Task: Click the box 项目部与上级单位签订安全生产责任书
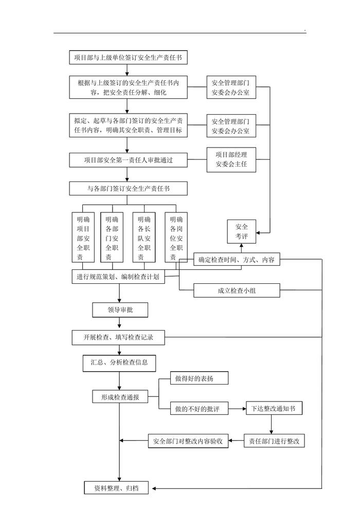pyautogui.click(x=128, y=58)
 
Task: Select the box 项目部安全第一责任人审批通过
pyautogui.click(x=128, y=160)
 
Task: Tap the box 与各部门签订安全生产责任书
pyautogui.click(x=128, y=189)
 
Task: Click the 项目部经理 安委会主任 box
pyautogui.click(x=230, y=160)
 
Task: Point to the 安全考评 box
pyautogui.click(x=241, y=231)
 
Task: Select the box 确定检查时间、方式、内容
pyautogui.click(x=237, y=260)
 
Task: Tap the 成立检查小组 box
pyautogui.click(x=237, y=290)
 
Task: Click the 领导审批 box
pyautogui.click(x=120, y=310)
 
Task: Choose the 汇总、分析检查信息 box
pyautogui.click(x=119, y=363)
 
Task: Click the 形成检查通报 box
pyautogui.click(x=120, y=397)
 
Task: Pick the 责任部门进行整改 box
pyautogui.click(x=274, y=441)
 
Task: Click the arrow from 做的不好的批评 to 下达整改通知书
pyautogui.click(x=237, y=409)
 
